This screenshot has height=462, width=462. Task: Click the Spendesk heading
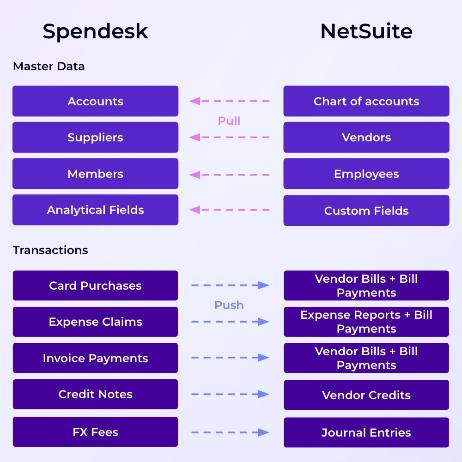95,31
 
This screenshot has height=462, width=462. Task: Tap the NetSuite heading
366,31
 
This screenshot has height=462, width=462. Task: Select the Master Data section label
49,66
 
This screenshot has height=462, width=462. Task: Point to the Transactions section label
50,250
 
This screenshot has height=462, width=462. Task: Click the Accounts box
95,101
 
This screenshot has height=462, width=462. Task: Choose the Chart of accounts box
366,101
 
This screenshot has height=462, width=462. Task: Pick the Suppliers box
95,137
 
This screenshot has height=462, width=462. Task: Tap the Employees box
366,174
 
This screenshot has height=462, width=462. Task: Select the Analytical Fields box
95,210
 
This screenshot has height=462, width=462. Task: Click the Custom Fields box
366,211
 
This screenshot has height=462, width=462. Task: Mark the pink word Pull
229,121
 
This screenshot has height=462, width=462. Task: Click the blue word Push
229,305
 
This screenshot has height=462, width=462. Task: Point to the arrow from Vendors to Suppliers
230,137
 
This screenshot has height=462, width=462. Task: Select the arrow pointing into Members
230,175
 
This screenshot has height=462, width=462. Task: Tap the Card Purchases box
95,286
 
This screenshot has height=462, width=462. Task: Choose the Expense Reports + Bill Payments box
366,322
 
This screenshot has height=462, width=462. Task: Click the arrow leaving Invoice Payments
230,358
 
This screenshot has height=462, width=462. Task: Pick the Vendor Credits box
366,395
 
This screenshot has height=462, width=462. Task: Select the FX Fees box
95,432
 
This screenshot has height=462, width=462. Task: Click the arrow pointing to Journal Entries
230,432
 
